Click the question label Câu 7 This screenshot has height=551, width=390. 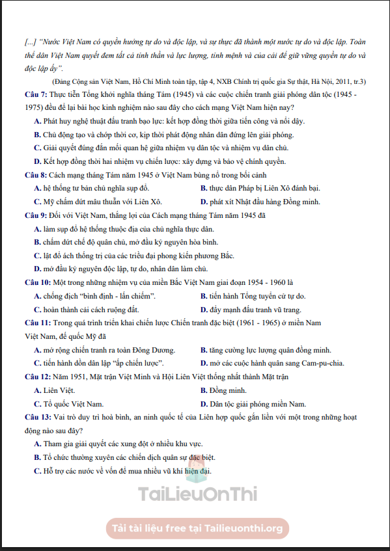pyautogui.click(x=35, y=96)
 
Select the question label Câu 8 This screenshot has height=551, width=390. pyautogui.click(x=35, y=175)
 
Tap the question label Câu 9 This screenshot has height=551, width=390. pyautogui.click(x=35, y=215)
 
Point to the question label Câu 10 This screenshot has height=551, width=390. pyautogui.click(x=37, y=282)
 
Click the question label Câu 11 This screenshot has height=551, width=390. pyautogui.click(x=37, y=323)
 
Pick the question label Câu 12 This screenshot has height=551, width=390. pyautogui.click(x=37, y=377)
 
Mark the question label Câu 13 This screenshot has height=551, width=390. pyautogui.click(x=37, y=416)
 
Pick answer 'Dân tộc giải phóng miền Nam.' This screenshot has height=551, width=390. pyautogui.click(x=253, y=403)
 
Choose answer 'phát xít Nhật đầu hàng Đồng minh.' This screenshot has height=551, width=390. pyautogui.click(x=264, y=202)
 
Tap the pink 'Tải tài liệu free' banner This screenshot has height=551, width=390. pyautogui.click(x=197, y=528)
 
